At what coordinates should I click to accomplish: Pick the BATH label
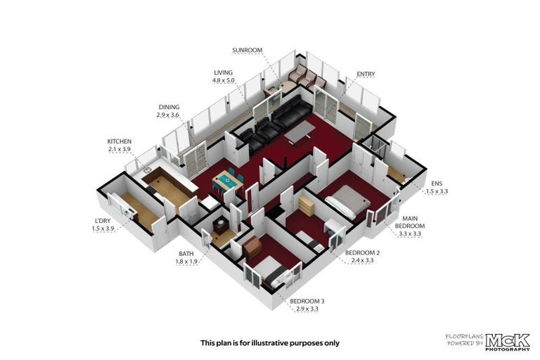click(186, 254)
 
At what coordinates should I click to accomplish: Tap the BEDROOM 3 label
click(307, 302)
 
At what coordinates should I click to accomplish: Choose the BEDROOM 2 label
click(362, 252)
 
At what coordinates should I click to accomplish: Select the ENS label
click(437, 181)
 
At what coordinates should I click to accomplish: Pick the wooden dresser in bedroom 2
click(307, 206)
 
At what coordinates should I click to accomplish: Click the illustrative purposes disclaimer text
click(270, 343)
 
